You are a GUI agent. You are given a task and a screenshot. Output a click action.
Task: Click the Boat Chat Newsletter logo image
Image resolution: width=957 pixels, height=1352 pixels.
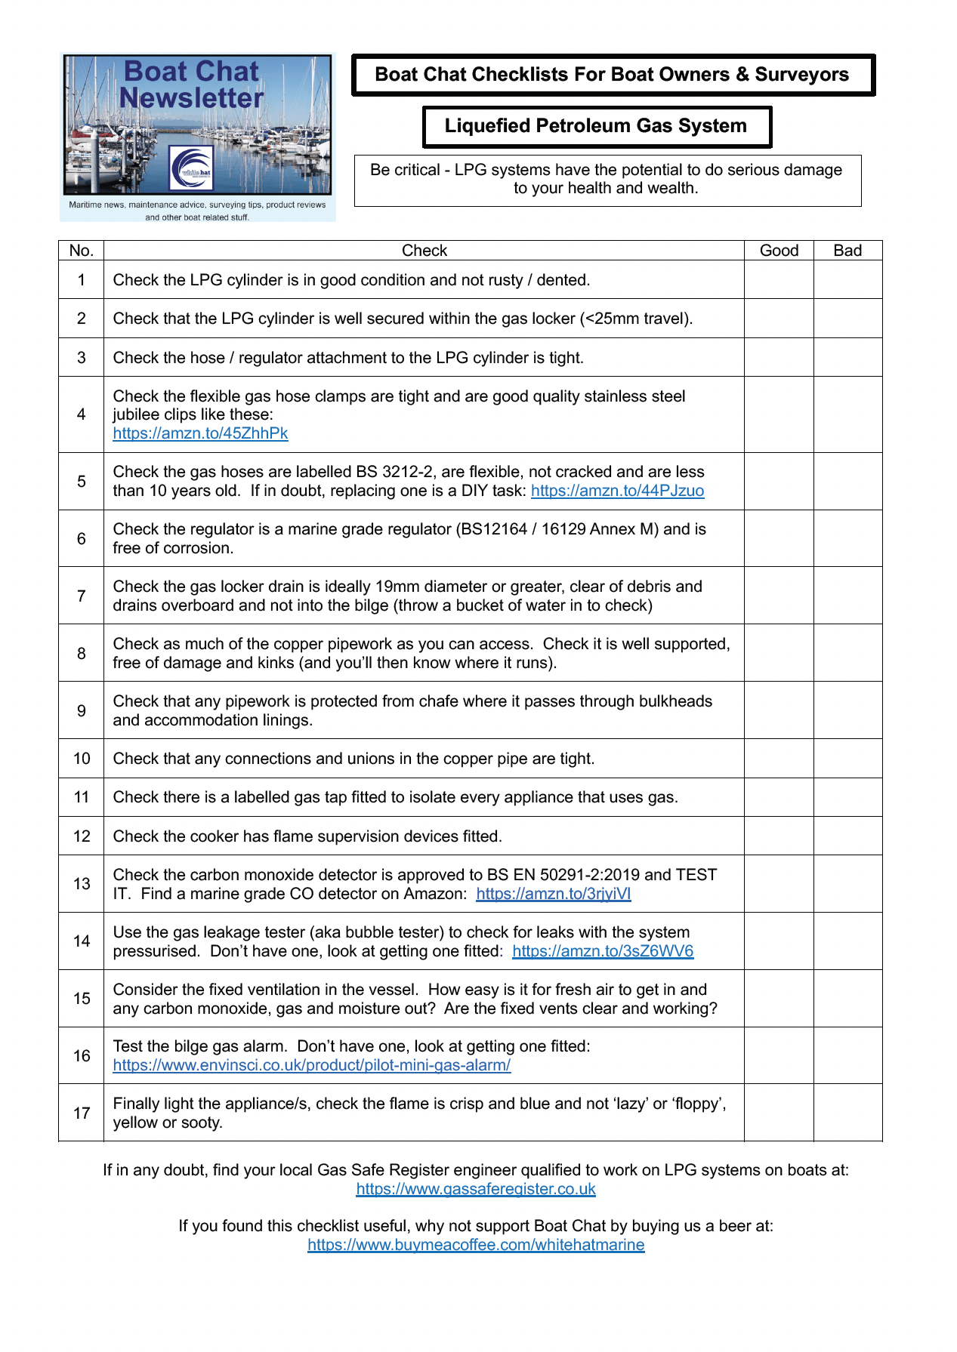point(197,136)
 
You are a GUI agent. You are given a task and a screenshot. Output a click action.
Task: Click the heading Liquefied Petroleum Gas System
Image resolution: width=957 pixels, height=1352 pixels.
point(595,126)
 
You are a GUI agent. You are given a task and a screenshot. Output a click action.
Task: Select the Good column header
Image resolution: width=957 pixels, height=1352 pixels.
point(779,251)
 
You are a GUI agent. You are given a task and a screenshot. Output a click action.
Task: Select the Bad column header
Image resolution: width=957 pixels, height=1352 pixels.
point(847,251)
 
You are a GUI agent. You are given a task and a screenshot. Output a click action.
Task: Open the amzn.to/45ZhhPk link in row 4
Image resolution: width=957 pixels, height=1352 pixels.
point(200,433)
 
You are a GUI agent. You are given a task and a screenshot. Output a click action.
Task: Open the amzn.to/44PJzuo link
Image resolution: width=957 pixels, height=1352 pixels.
point(617,491)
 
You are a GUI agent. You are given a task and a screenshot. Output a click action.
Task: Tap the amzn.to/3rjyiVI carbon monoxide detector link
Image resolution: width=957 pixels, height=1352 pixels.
point(553,894)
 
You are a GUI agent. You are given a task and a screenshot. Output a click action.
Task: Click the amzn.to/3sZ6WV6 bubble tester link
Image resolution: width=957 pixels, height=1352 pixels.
point(603,951)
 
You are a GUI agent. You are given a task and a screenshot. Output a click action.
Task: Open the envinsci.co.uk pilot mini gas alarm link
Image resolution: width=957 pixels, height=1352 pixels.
point(311,1065)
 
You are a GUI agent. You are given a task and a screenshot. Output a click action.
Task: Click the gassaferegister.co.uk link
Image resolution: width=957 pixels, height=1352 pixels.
point(476,1189)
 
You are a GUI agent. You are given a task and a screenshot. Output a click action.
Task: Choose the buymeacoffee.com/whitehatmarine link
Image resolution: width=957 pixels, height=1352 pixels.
point(476,1245)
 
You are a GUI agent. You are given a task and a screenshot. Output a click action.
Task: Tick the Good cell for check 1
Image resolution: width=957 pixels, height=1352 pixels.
point(779,280)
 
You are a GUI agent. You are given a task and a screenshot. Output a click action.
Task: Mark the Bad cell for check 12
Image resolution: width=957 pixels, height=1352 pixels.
point(847,836)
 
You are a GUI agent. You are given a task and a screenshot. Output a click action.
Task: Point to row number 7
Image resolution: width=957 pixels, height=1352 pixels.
point(82,596)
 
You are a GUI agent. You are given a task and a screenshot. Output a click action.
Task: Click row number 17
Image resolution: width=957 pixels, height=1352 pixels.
point(82,1113)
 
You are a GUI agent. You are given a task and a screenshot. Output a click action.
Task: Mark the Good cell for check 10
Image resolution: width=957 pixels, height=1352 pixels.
point(779,758)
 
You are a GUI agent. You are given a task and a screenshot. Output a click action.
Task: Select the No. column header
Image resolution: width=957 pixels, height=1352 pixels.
point(82,251)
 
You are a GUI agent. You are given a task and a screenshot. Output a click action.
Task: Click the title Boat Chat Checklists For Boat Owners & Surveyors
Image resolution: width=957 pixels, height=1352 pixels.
point(612,75)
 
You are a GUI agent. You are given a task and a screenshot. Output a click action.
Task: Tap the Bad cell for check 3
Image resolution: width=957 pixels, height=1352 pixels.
point(847,357)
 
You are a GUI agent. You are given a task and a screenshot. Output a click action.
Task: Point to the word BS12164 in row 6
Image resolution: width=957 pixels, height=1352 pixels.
point(492,529)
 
